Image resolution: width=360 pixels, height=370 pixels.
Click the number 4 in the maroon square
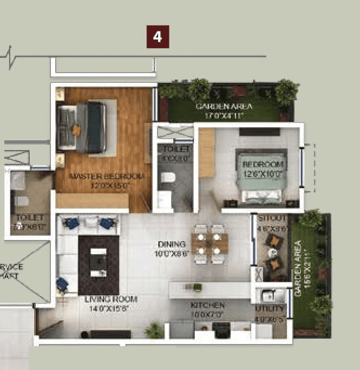pyautogui.click(x=158, y=37)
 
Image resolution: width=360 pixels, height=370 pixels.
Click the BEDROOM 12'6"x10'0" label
pyautogui.click(x=263, y=168)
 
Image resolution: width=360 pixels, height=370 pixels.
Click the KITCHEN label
pyautogui.click(x=207, y=309)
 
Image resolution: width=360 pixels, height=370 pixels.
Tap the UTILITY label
pyautogui.click(x=270, y=312)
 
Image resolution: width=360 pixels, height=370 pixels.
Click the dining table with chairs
pyautogui.click(x=210, y=244)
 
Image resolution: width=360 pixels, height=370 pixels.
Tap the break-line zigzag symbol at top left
pyautogui.click(x=12, y=56)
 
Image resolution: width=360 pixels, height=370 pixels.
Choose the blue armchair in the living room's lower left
pyautogui.click(x=63, y=283)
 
